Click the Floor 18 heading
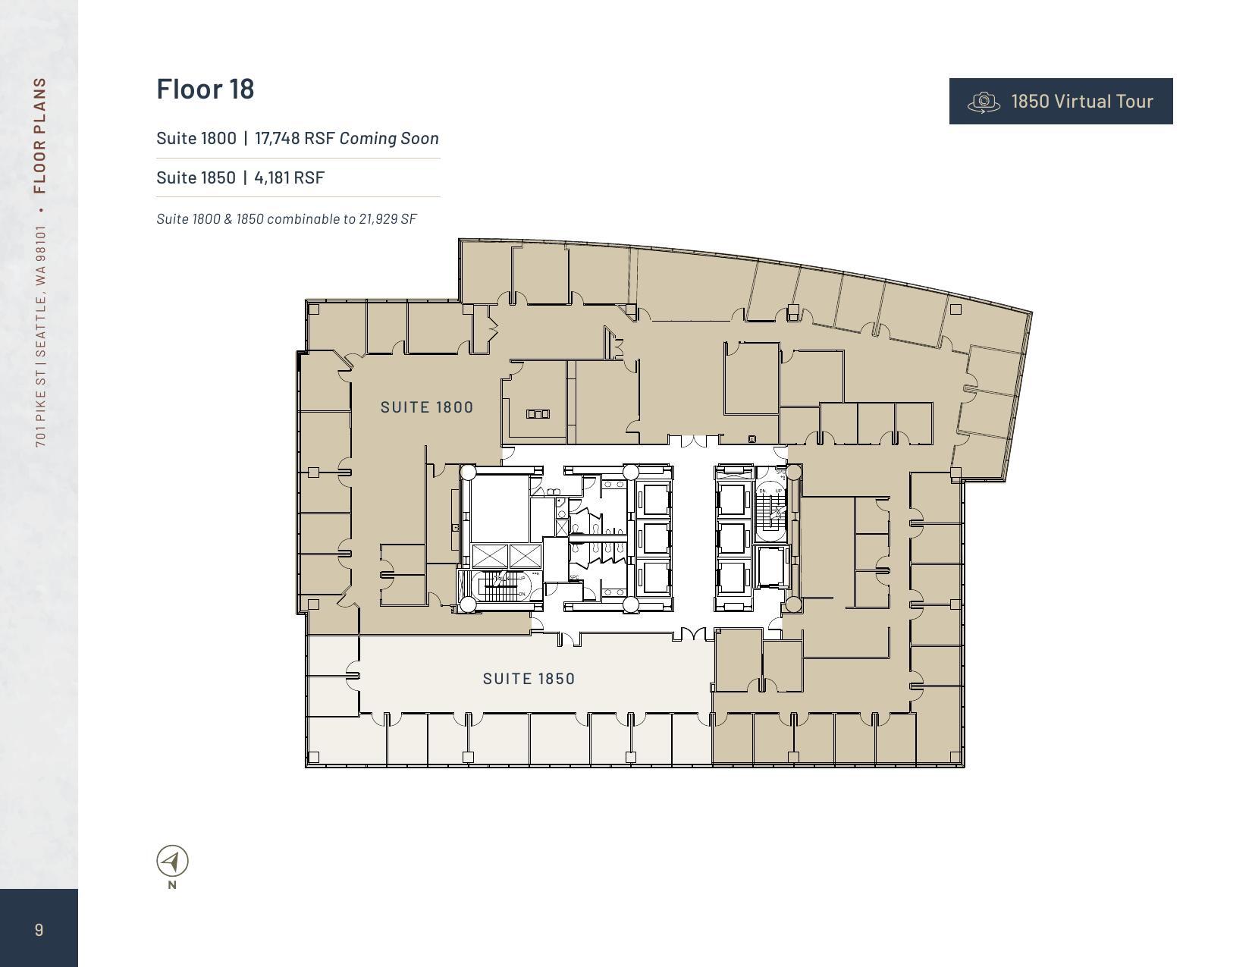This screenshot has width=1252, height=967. [206, 89]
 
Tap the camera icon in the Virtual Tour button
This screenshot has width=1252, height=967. [984, 102]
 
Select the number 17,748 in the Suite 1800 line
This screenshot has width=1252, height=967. [278, 138]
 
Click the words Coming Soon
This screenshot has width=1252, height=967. [389, 138]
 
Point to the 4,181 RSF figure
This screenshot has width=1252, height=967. [289, 177]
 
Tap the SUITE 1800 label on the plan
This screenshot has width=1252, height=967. [427, 407]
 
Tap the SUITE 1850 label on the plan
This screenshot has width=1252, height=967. [529, 679]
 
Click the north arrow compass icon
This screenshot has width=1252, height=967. [172, 861]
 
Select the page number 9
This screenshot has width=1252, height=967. [39, 930]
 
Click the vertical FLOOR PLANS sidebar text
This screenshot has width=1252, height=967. [40, 135]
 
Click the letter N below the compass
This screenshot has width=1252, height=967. [172, 884]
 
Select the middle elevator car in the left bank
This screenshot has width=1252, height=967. [653, 538]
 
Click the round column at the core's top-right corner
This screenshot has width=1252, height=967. [793, 473]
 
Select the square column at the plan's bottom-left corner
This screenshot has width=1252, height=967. [314, 756]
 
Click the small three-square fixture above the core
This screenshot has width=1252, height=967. [537, 413]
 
